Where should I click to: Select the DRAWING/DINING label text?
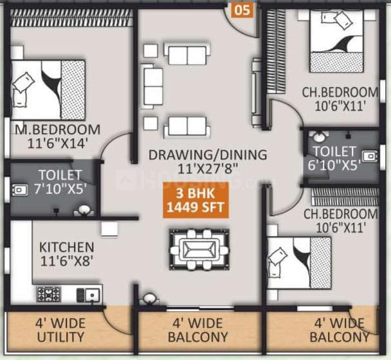point(207,154)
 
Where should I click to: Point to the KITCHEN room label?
point(67,248)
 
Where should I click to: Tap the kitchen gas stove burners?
point(49,294)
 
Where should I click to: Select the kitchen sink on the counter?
point(89,294)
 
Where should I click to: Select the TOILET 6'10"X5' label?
point(334,157)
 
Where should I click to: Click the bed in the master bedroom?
point(48,89)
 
